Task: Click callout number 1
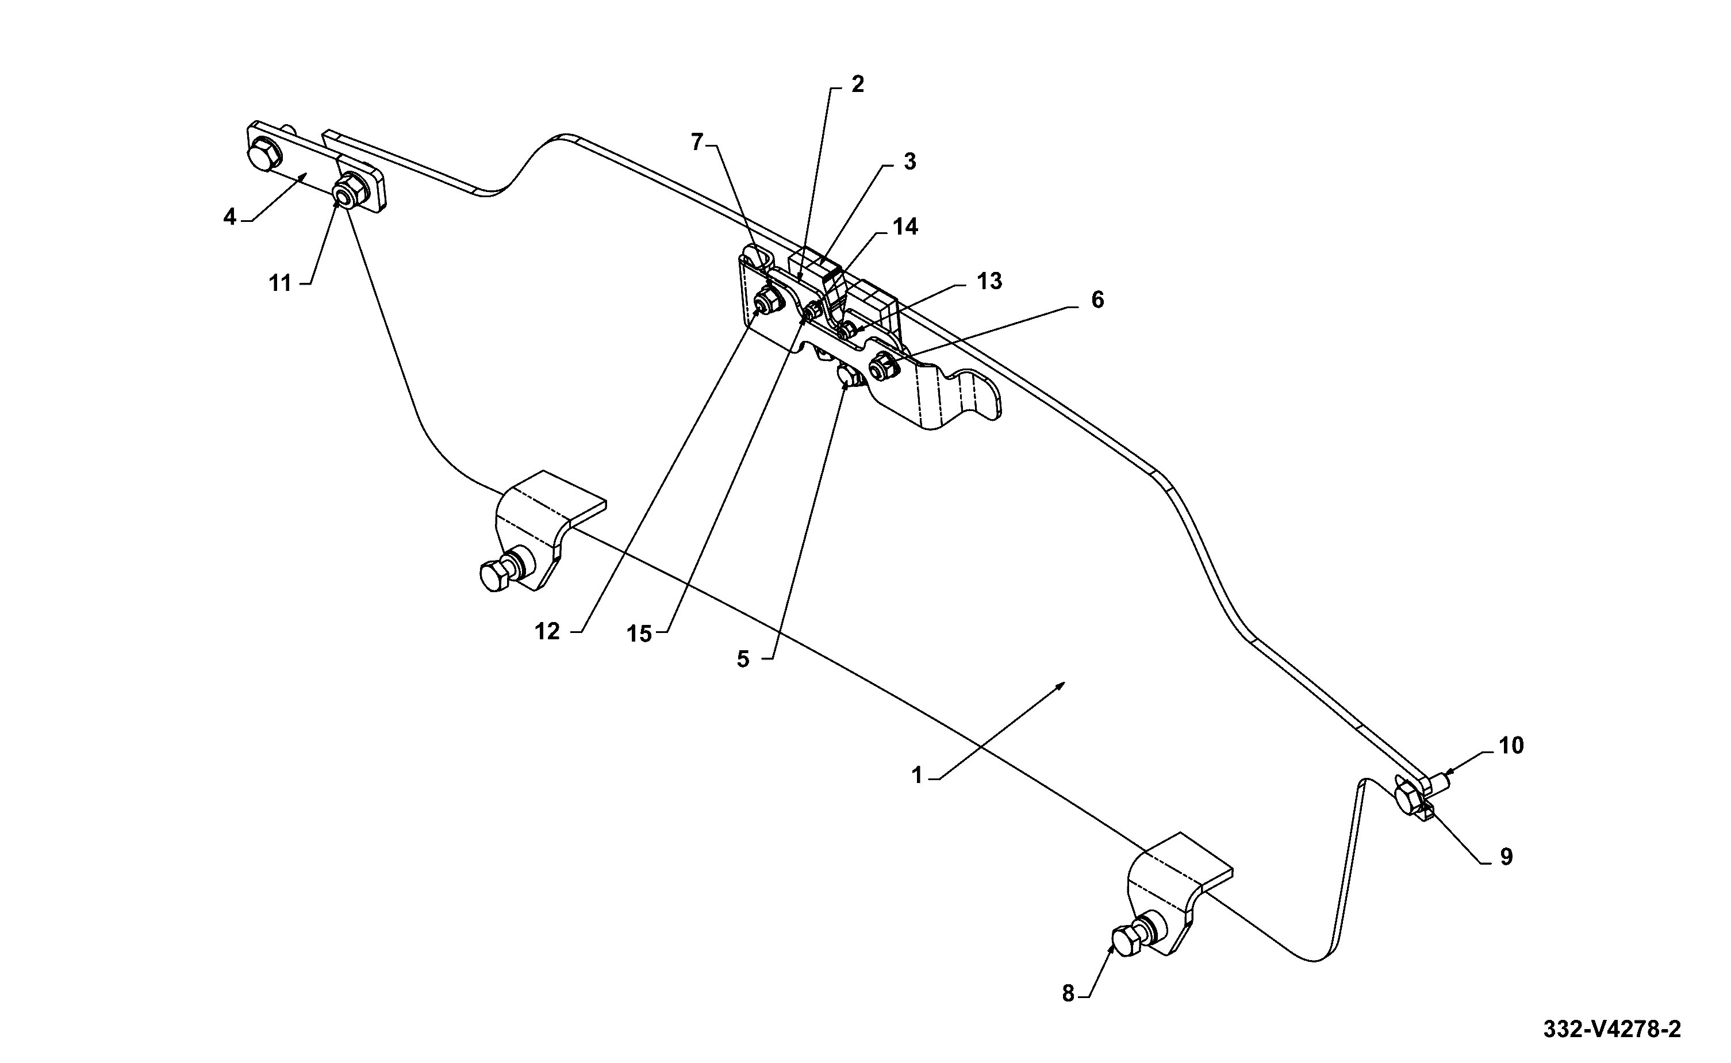pyautogui.click(x=916, y=775)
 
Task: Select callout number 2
pyautogui.click(x=857, y=85)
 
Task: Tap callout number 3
pyautogui.click(x=910, y=162)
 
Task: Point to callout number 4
pyautogui.click(x=230, y=217)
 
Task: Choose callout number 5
pyautogui.click(x=743, y=659)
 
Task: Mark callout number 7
pyautogui.click(x=697, y=143)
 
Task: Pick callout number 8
pyautogui.click(x=1068, y=993)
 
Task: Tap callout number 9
pyautogui.click(x=1507, y=857)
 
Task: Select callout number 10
pyautogui.click(x=1511, y=745)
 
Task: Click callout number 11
pyautogui.click(x=280, y=283)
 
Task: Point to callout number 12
pyautogui.click(x=547, y=631)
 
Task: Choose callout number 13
pyautogui.click(x=989, y=281)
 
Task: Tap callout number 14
pyautogui.click(x=905, y=227)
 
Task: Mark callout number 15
pyautogui.click(x=639, y=634)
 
